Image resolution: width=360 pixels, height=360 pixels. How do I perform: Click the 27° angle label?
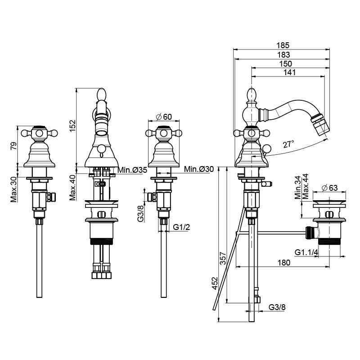[288, 144]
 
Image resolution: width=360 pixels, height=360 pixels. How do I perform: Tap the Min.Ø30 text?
[199, 169]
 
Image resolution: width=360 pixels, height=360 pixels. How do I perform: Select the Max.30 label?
[14, 189]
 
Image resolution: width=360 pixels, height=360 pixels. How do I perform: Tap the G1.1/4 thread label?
[306, 252]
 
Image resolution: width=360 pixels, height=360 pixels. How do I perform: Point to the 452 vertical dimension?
[215, 284]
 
